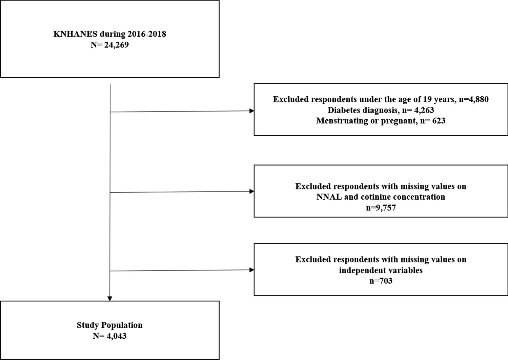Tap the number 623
click(x=439, y=121)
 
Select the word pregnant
click(x=399, y=121)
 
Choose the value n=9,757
click(x=381, y=208)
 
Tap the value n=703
click(x=381, y=281)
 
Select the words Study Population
click(x=109, y=325)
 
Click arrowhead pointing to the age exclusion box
click(x=251, y=111)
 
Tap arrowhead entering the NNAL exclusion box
click(x=251, y=192)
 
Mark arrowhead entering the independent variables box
click(x=251, y=270)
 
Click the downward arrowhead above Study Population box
click(x=109, y=298)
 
